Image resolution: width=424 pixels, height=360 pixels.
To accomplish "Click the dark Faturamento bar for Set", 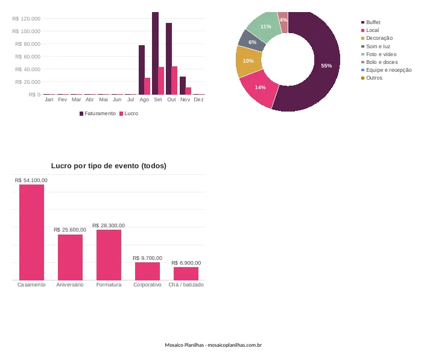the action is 155,53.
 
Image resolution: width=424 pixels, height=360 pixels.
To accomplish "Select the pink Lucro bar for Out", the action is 174,80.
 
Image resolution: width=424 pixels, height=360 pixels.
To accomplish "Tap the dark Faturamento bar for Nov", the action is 183,86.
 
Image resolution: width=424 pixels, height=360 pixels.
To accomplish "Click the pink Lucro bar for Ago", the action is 147,86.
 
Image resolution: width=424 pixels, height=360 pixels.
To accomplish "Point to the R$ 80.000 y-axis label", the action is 28,44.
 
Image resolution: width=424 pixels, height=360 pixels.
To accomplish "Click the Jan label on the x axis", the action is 49,99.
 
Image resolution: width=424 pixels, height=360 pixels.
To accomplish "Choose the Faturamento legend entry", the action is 98,113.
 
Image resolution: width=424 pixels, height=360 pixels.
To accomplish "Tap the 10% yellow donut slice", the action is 247,62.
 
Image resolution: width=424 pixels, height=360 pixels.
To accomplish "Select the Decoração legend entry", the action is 377,38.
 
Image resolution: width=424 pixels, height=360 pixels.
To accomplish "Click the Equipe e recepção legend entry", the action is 387,70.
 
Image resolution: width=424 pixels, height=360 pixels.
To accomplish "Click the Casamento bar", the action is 31,232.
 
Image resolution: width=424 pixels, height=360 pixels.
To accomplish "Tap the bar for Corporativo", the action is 147,271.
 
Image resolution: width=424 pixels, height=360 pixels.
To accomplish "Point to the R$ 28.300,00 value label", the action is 109,226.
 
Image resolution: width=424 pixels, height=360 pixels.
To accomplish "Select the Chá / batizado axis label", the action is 186,285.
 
